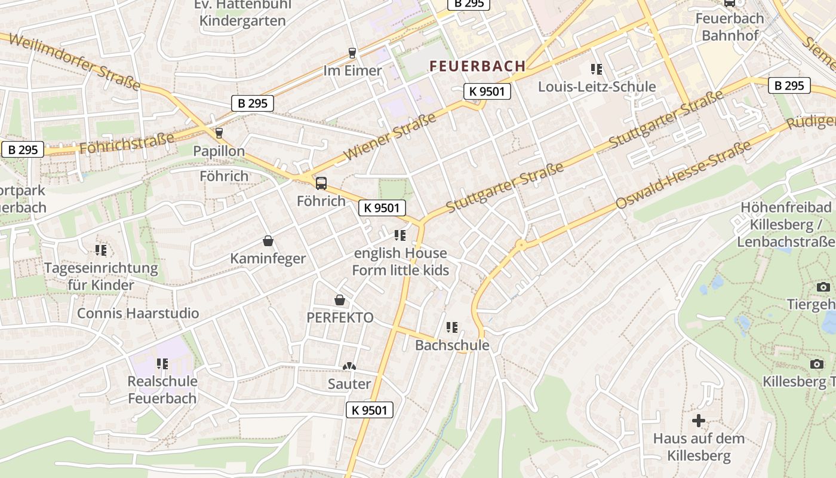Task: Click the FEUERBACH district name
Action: (x=477, y=66)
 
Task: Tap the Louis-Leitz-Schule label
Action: (x=597, y=87)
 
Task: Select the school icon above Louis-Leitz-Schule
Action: (x=596, y=69)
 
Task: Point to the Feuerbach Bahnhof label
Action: (x=730, y=27)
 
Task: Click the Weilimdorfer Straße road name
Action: (x=75, y=62)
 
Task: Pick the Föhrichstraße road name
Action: (x=126, y=143)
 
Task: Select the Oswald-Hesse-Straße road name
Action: (x=683, y=175)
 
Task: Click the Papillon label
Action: (x=219, y=151)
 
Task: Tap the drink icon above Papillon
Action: (x=219, y=133)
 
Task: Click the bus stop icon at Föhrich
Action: (x=321, y=183)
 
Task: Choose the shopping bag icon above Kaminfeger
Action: (x=268, y=241)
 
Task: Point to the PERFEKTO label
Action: (x=340, y=317)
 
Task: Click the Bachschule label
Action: (x=452, y=345)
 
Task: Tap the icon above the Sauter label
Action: (x=349, y=366)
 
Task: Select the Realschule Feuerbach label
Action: (x=162, y=389)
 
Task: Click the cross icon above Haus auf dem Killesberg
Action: (x=698, y=421)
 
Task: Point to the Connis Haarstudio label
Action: (x=138, y=313)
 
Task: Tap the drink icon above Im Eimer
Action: (x=352, y=53)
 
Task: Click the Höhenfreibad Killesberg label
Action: (x=785, y=225)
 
